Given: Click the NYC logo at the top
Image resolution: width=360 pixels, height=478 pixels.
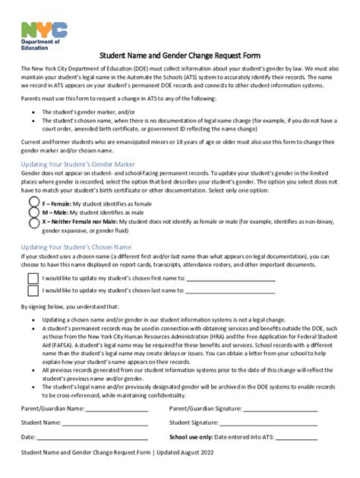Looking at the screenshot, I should pos(44,30).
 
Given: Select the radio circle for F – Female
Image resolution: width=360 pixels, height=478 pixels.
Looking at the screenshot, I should pos(34,203).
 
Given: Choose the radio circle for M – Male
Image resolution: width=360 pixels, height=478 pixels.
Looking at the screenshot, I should pos(34,213).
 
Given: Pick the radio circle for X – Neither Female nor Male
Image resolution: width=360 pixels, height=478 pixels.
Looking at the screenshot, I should pos(34,223).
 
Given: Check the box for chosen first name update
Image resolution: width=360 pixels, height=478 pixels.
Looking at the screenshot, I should pos(33,278).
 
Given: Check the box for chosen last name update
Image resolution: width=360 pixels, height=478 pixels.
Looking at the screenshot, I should pos(33,291).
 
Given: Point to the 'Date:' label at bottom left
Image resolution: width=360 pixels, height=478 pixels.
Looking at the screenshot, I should pos(27,438).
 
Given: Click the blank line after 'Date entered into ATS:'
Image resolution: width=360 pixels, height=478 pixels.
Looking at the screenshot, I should pos(297,439).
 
